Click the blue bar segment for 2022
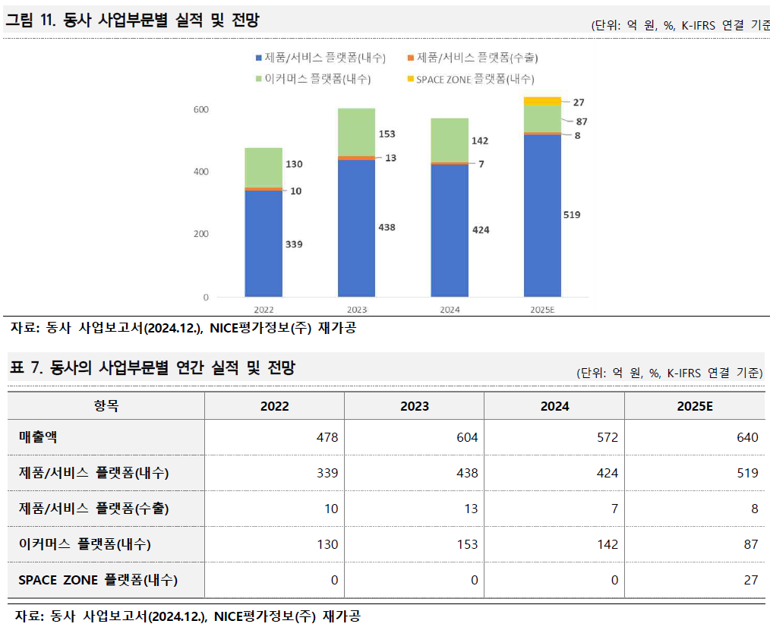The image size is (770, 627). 264,243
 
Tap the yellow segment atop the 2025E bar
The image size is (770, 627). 542,101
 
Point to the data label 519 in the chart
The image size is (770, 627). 572,215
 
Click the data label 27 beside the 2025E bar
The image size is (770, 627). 579,102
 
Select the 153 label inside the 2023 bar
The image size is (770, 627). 387,134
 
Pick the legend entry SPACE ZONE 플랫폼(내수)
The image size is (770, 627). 470,79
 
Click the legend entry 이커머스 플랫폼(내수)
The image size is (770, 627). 317,79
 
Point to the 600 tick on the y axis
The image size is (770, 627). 200,109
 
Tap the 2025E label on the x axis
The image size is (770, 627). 542,310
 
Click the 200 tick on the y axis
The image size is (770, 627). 200,234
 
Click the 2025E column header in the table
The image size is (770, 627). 695,406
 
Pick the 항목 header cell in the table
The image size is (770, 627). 106,406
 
